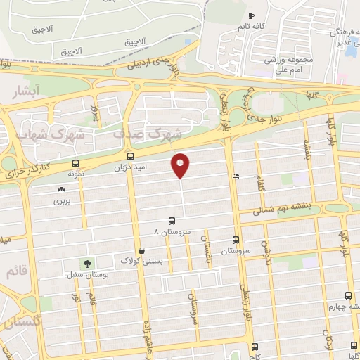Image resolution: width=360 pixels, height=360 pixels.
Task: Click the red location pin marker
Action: pyautogui.click(x=181, y=165)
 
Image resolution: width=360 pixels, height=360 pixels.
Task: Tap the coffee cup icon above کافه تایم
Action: pyautogui.click(x=252, y=16)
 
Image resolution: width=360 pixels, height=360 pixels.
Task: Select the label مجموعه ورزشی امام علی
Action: pyautogui.click(x=288, y=65)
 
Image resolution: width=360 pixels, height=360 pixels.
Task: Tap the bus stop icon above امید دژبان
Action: pyautogui.click(x=130, y=156)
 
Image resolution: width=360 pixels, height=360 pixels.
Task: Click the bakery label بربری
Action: pyautogui.click(x=63, y=200)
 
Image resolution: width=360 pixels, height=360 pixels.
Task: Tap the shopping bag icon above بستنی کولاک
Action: pyautogui.click(x=142, y=250)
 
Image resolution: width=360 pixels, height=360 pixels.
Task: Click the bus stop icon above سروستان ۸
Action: pyautogui.click(x=171, y=220)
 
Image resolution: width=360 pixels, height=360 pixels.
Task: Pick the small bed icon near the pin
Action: pyautogui.click(x=235, y=176)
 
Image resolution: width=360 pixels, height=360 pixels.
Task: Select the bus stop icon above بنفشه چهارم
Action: pyautogui.click(x=349, y=296)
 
